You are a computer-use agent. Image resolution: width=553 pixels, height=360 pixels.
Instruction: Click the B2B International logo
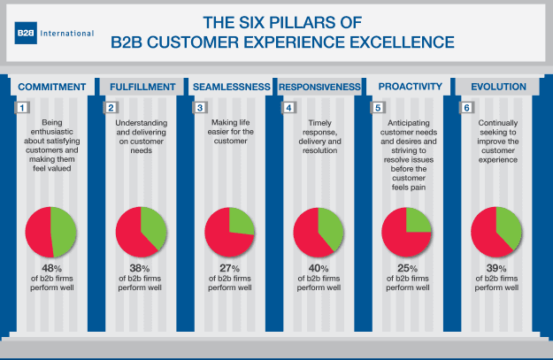click(x=54, y=33)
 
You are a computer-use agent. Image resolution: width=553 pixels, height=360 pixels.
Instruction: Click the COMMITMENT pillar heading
click(x=52, y=87)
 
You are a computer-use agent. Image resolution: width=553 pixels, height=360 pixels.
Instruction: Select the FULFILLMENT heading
click(x=141, y=87)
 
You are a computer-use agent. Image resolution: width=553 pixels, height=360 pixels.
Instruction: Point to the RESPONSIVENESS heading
click(x=319, y=87)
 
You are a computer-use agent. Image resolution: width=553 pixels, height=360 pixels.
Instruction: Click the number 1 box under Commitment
click(x=23, y=108)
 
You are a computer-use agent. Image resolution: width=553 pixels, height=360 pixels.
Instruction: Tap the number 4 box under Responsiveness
click(x=288, y=108)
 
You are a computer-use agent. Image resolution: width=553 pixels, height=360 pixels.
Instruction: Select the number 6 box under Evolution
click(x=466, y=108)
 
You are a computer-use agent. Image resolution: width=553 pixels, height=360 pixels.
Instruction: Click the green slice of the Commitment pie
click(x=65, y=232)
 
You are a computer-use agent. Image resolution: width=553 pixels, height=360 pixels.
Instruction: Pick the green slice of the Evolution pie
click(x=508, y=226)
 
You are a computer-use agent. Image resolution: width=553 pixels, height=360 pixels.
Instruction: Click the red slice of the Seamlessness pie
click(x=221, y=239)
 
